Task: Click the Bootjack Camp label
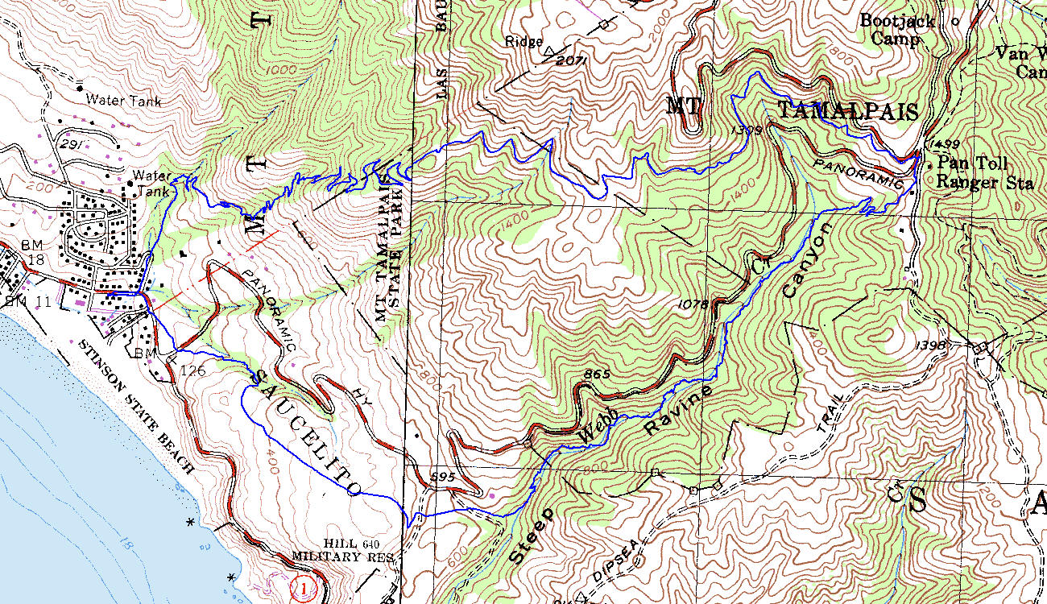[897, 30]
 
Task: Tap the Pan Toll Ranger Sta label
[984, 173]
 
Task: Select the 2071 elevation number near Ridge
[569, 60]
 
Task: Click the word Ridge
[524, 41]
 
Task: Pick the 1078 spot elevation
[693, 304]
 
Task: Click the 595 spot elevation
[444, 478]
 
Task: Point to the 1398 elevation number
[931, 345]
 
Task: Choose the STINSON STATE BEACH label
[136, 406]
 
